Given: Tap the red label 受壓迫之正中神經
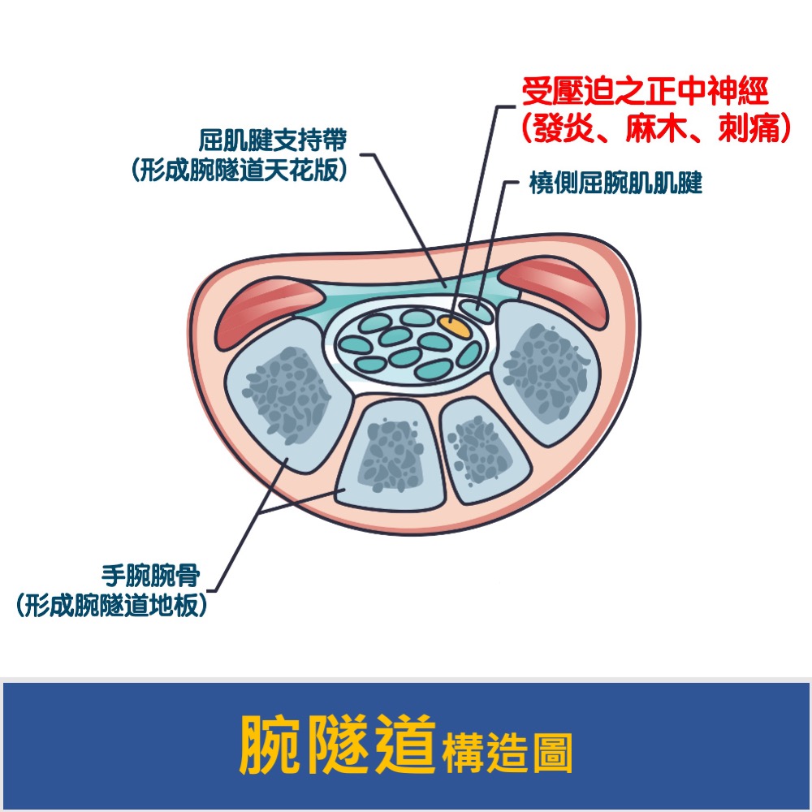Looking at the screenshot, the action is click(x=646, y=92).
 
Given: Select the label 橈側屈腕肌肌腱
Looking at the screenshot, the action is click(x=615, y=183).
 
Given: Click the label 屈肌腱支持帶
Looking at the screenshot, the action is click(x=273, y=140).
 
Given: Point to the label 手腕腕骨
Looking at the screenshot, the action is click(x=151, y=576).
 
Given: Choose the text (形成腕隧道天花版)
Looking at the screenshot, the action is click(x=239, y=170).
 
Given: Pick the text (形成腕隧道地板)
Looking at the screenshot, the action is click(x=112, y=605).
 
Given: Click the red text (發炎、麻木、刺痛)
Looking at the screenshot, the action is click(x=656, y=127).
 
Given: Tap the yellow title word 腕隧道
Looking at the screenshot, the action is click(x=337, y=745).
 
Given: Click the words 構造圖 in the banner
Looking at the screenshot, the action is click(x=508, y=753).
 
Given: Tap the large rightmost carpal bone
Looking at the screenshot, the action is click(x=546, y=372).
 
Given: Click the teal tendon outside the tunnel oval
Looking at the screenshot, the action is click(x=477, y=310).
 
